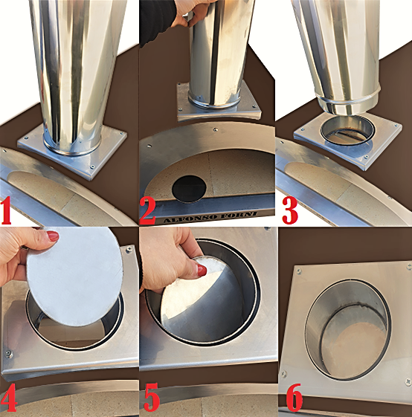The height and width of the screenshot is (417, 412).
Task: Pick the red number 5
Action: tap(152, 397)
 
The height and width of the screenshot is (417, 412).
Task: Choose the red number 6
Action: tap(294, 398)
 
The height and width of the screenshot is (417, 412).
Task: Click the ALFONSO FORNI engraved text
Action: tap(210, 217)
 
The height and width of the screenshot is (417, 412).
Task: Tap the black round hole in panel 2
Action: tap(189, 189)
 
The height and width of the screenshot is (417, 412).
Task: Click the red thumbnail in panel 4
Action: tap(53, 236)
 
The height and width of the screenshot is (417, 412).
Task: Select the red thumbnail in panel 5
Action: tap(202, 270)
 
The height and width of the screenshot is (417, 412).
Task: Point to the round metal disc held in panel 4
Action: tap(75, 277)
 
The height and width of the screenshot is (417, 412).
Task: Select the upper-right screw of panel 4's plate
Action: tap(129, 249)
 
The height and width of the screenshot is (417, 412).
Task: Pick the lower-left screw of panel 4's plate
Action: tap(8, 354)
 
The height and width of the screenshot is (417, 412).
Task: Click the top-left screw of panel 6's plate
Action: tap(299, 271)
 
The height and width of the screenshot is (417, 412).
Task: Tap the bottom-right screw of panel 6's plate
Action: tap(408, 382)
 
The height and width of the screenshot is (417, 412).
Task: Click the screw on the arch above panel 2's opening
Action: tap(215, 129)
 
